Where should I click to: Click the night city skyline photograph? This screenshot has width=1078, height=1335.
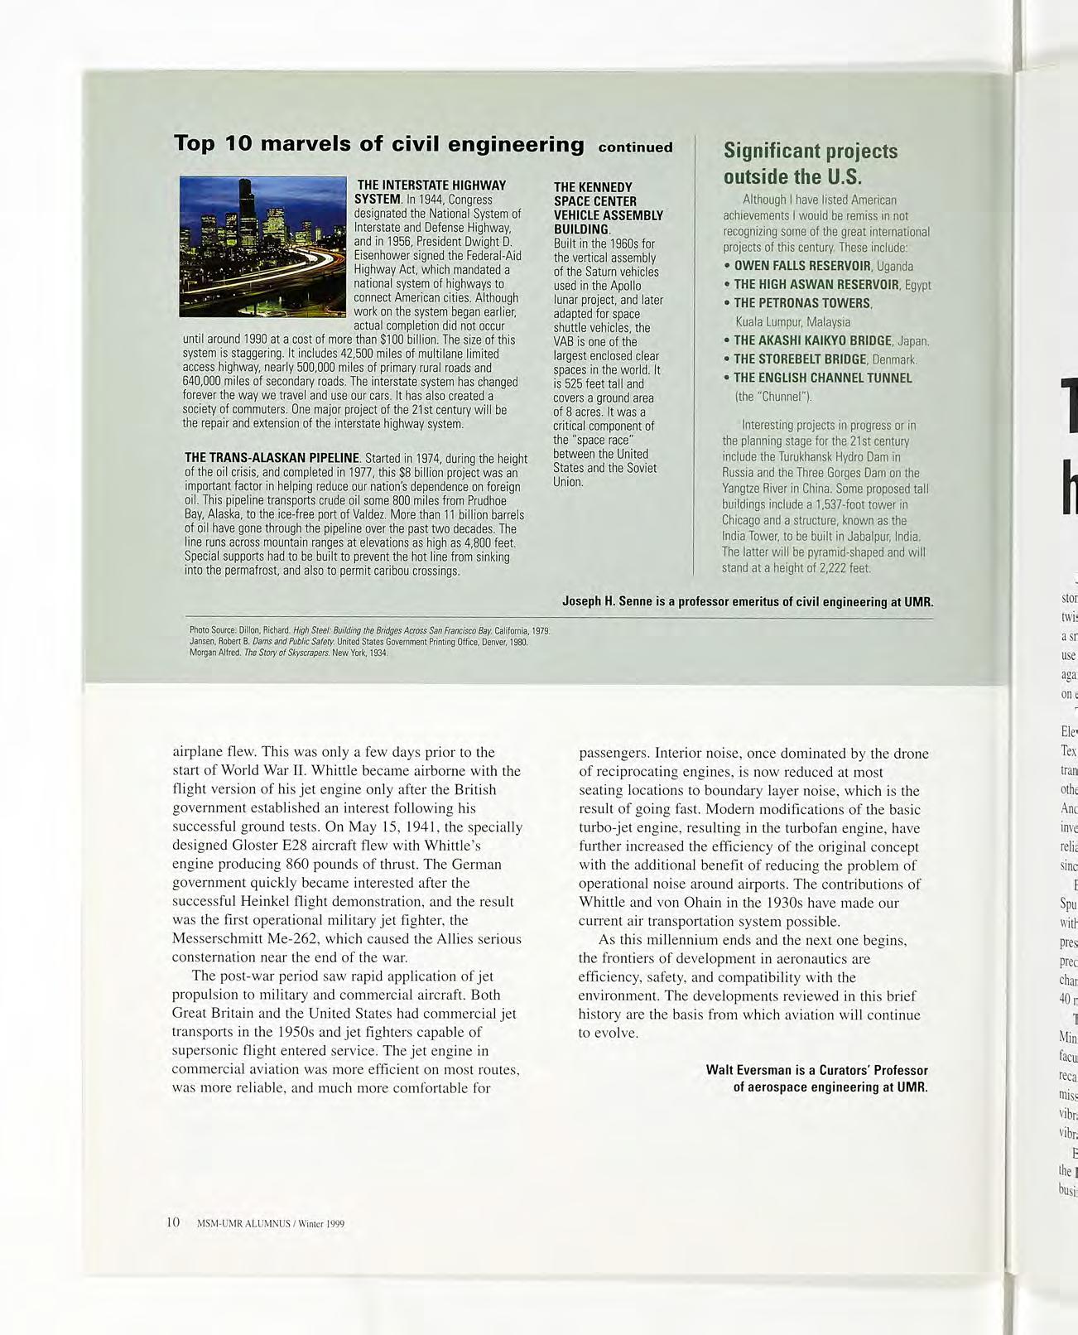pyautogui.click(x=262, y=246)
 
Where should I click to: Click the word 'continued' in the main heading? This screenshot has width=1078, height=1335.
pyautogui.click(x=635, y=148)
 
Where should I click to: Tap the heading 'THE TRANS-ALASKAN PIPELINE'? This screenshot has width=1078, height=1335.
pyautogui.click(x=272, y=458)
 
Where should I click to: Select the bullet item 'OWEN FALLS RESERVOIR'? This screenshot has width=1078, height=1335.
pyautogui.click(x=802, y=266)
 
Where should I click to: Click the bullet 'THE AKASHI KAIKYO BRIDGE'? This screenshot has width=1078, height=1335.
pyautogui.click(x=812, y=340)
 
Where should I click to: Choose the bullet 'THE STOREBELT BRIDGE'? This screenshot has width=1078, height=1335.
pyautogui.click(x=800, y=359)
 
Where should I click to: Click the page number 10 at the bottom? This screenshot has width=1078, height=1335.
pyautogui.click(x=173, y=1222)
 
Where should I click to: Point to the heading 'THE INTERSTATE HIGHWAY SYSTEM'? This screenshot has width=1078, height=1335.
pyautogui.click(x=430, y=191)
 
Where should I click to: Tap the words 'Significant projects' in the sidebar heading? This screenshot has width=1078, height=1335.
pyautogui.click(x=810, y=151)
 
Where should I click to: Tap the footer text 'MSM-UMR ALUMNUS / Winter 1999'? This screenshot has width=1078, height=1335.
pyautogui.click(x=270, y=1224)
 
